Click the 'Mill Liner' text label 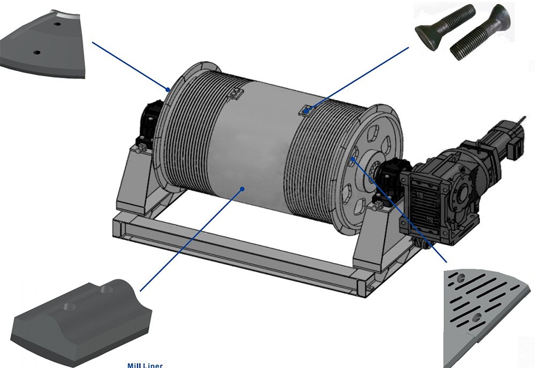(x=144, y=365)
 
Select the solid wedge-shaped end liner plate (x=43, y=44)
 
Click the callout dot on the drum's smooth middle (x=242, y=189)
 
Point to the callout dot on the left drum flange (x=168, y=90)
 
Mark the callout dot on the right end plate (x=353, y=159)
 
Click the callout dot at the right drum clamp (x=307, y=111)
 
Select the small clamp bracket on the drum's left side (x=235, y=94)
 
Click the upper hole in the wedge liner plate (x=57, y=24)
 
